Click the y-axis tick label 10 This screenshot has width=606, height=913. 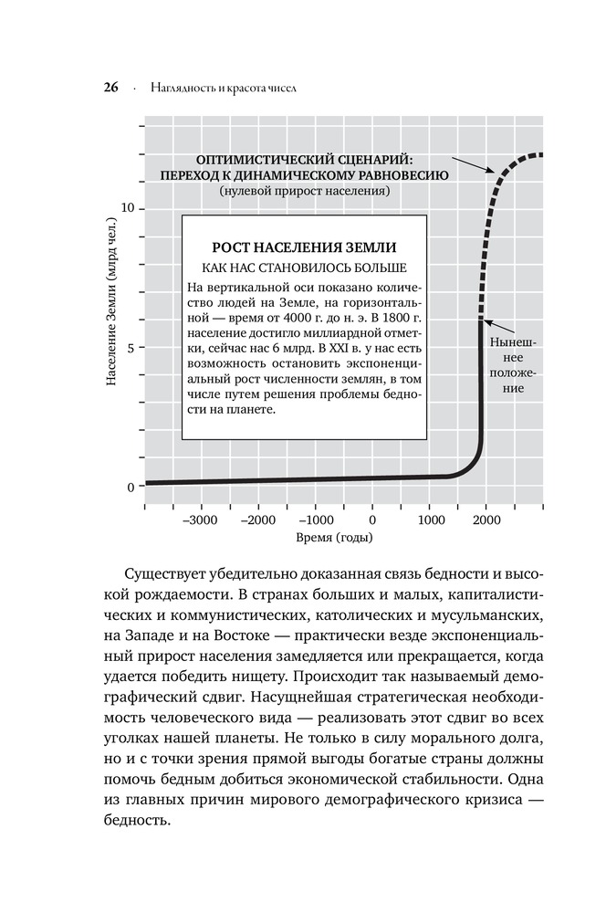[x=128, y=209]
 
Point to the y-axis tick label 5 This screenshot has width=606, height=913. [x=131, y=348]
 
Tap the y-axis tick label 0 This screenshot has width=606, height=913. [x=131, y=487]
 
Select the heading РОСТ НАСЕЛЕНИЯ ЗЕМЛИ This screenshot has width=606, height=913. [x=304, y=248]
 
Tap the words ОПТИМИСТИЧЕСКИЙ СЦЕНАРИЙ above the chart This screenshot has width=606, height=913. [x=304, y=159]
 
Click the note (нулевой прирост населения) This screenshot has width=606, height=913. [x=304, y=192]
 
